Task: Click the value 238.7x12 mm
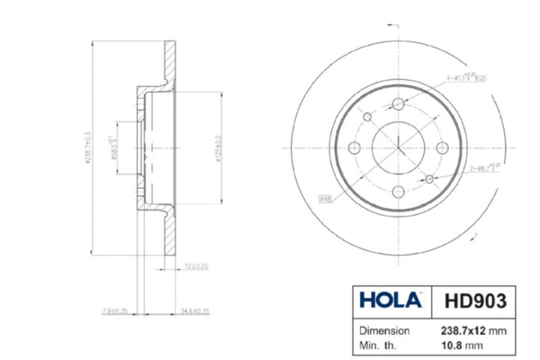point(472,330)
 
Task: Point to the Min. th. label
point(381,344)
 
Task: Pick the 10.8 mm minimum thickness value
point(462,344)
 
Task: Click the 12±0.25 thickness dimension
point(196,267)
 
